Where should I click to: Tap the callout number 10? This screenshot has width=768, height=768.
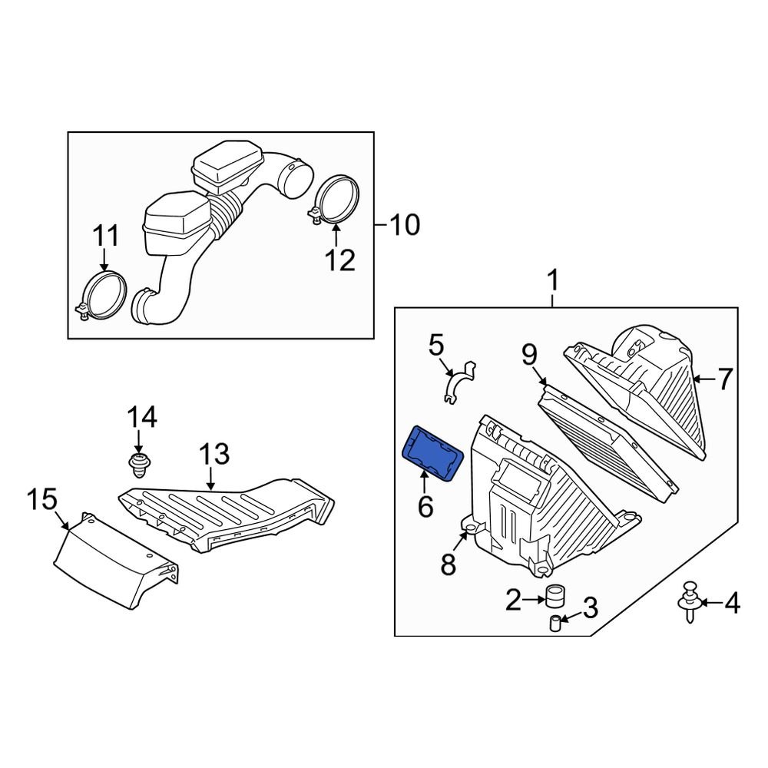(x=404, y=226)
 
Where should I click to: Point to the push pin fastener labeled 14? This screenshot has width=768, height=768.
(x=138, y=463)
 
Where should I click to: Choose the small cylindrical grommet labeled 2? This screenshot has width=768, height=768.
(x=554, y=597)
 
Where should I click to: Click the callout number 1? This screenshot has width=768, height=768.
(x=553, y=282)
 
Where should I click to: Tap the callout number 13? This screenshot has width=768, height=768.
(x=214, y=455)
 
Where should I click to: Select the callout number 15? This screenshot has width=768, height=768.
(x=42, y=500)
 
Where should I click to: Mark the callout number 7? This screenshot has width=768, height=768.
(x=725, y=379)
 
